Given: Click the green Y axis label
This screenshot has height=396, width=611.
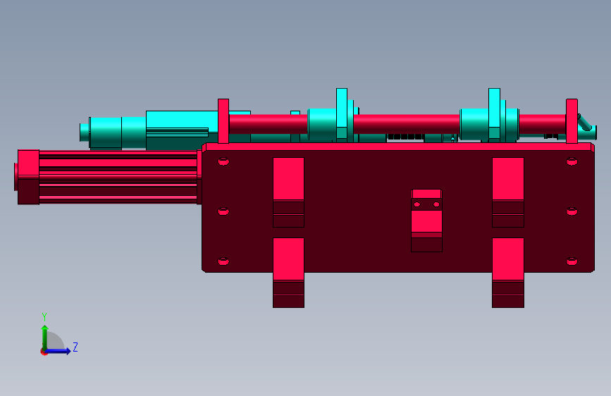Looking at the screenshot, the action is click(44, 316).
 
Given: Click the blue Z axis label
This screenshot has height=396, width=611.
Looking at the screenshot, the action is click(75, 347).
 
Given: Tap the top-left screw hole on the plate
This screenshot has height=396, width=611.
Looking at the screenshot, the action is click(223, 161).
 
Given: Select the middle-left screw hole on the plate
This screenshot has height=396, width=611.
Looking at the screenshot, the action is click(223, 211).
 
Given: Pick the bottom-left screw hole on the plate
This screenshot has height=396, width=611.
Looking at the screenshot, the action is click(223, 261).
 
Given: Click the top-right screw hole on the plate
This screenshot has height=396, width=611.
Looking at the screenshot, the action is click(572, 161).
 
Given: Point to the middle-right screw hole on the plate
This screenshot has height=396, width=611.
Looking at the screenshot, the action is click(572, 211).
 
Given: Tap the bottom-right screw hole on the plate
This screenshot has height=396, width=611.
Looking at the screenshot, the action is click(572, 261).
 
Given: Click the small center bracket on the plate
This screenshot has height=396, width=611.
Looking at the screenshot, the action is click(426, 221).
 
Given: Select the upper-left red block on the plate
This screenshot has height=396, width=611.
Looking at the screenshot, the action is click(288, 192).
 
